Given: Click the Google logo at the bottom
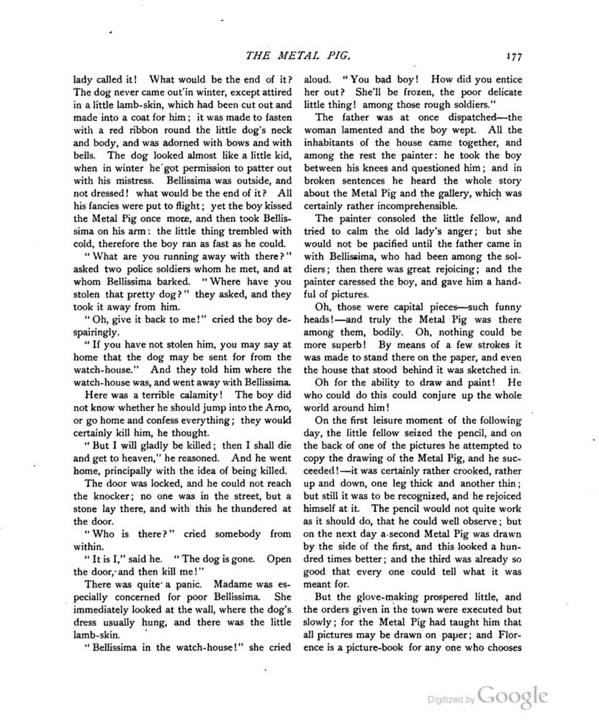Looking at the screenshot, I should (x=513, y=696).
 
